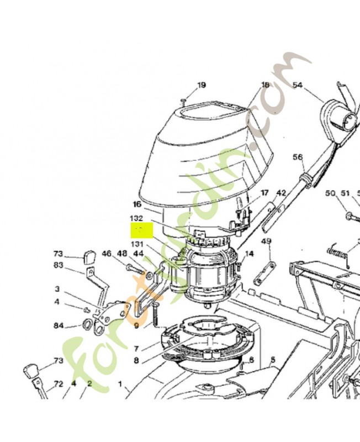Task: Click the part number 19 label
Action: tap(201, 85)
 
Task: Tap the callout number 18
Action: tap(265, 85)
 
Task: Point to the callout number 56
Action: tap(298, 157)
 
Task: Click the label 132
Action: tap(136, 219)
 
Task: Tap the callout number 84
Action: tap(59, 325)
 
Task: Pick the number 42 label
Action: tap(281, 193)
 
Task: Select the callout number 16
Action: tap(137, 204)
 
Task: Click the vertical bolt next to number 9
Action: tap(155, 315)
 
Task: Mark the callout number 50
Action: tap(331, 193)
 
